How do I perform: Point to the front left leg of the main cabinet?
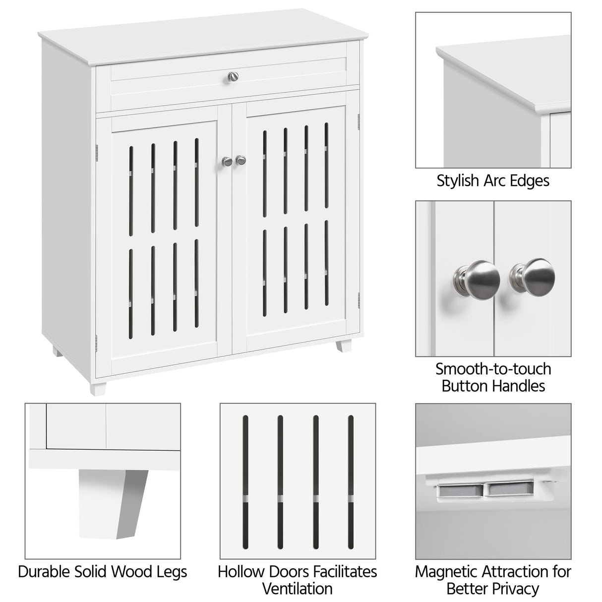pyautogui.click(x=97, y=386)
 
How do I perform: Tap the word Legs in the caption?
pyautogui.click(x=171, y=571)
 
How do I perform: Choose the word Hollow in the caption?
pyautogui.click(x=240, y=571)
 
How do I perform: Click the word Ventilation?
pyautogui.click(x=297, y=589)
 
